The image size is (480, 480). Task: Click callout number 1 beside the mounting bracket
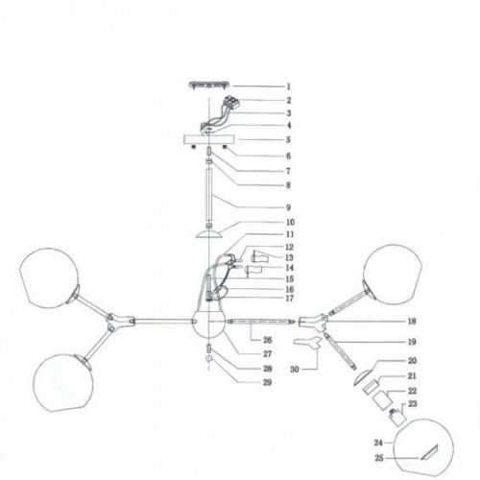pos(288,86)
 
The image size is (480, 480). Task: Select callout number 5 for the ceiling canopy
pos(288,140)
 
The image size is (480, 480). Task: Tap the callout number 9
pos(288,207)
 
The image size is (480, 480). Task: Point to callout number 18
pos(412,321)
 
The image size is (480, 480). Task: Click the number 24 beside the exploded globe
pos(378,443)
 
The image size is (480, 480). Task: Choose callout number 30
pos(295,369)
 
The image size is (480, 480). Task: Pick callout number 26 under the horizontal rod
pos(268,340)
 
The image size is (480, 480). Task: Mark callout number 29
pos(267,382)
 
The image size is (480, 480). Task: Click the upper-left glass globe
pos(49,277)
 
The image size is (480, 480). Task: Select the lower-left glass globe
pos(63,383)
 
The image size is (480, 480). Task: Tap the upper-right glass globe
pos(393,275)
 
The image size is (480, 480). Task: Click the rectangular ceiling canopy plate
pos(209,140)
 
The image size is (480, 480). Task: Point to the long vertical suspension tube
pos(209,195)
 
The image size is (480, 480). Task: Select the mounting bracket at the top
pos(209,85)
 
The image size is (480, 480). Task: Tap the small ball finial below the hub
pos(209,358)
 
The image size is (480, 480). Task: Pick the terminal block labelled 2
pos(232,101)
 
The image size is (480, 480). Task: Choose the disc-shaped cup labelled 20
pos(362,377)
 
